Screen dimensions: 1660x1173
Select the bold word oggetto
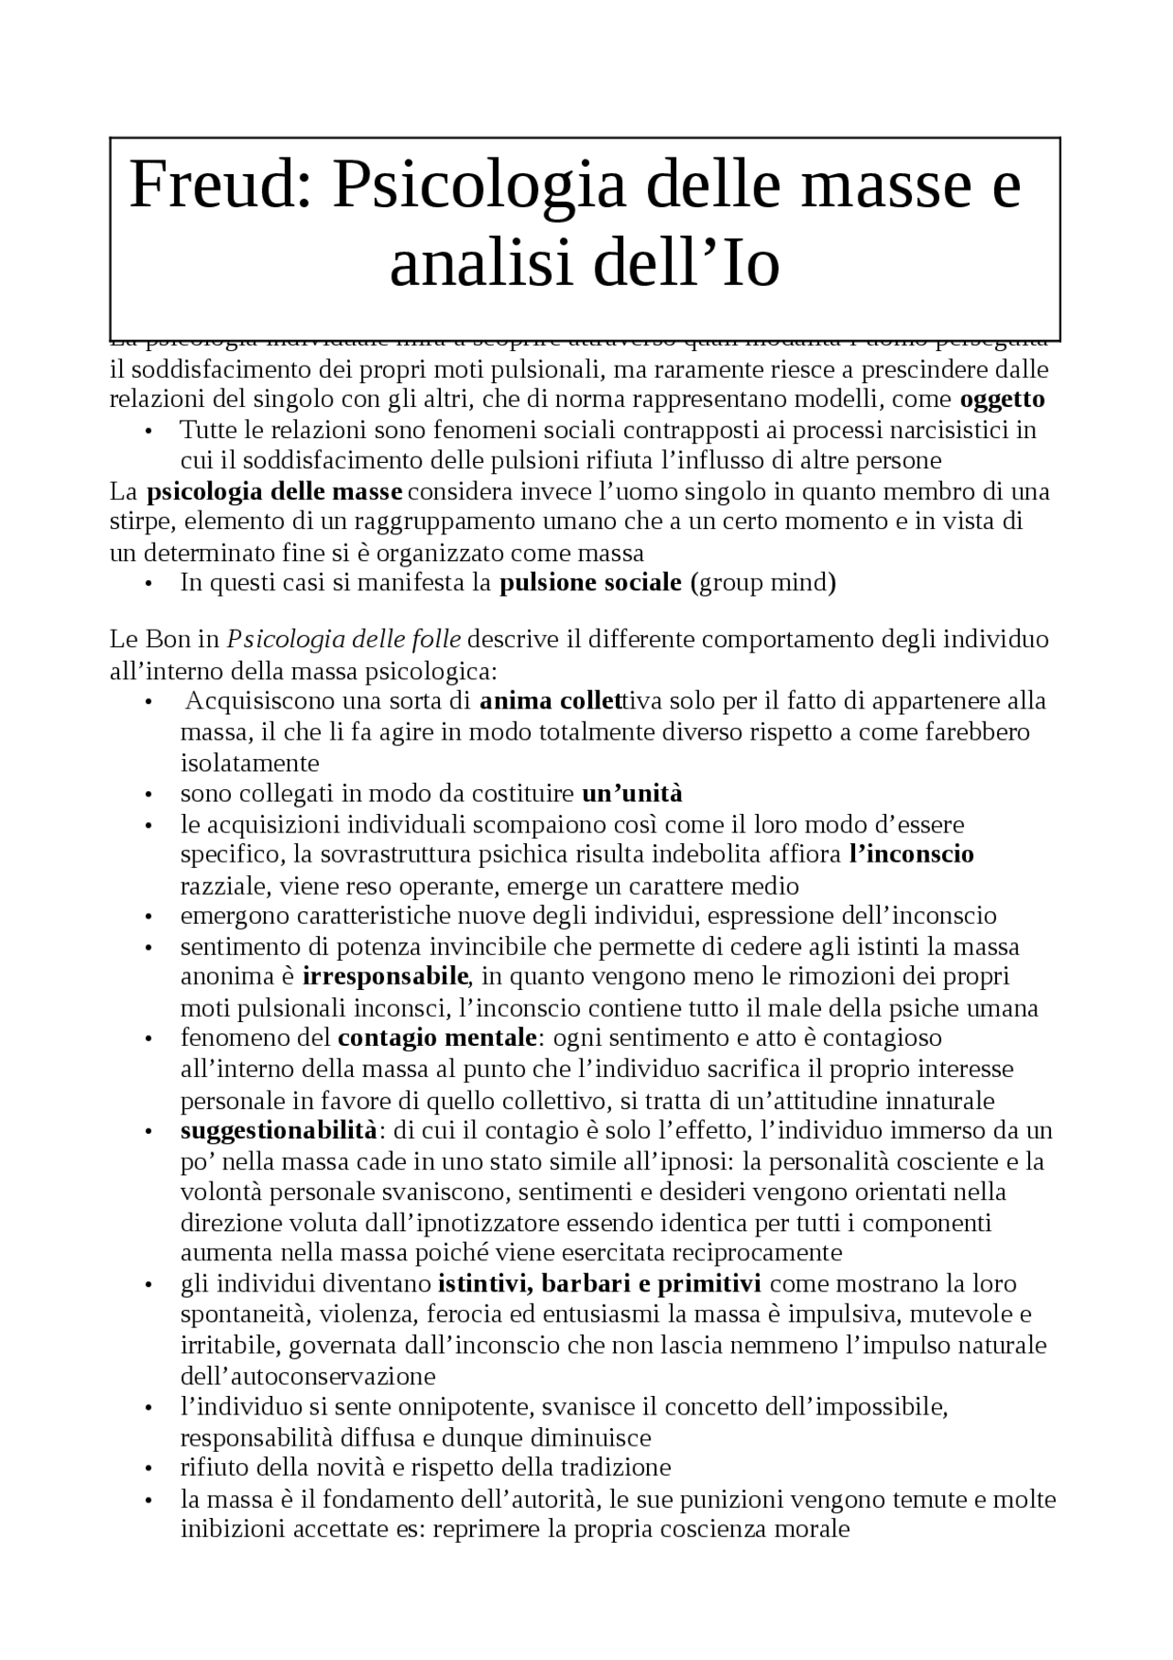coord(1003,400)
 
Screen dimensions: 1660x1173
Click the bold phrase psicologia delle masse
coord(274,492)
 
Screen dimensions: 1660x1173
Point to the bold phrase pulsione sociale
coord(590,583)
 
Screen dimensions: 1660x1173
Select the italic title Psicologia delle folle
coord(344,639)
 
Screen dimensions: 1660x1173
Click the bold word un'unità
coord(632,794)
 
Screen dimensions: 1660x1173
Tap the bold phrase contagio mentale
coord(437,1039)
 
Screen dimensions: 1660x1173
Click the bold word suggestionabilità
coord(278,1130)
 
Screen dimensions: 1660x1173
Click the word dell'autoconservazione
coord(307,1377)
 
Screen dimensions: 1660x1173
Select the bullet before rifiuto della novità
coord(148,1469)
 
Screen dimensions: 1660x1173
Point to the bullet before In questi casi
coord(148,584)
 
